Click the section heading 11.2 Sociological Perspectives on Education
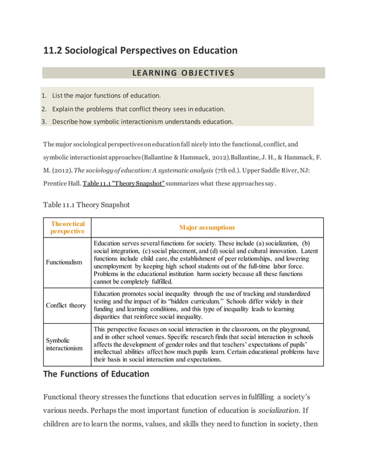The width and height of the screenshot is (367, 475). (x=140, y=51)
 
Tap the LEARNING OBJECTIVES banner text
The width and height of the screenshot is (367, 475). (x=183, y=73)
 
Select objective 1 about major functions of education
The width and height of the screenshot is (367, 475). (x=106, y=95)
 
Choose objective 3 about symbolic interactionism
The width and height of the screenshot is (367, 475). (x=143, y=121)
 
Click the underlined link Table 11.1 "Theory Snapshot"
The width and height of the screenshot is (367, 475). (x=124, y=184)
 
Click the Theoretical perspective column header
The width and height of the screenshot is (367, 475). (x=68, y=227)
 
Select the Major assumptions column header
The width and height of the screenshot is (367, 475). (x=207, y=227)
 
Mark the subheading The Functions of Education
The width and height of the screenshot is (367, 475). (x=97, y=374)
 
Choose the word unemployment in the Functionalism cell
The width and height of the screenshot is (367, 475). (x=118, y=267)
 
